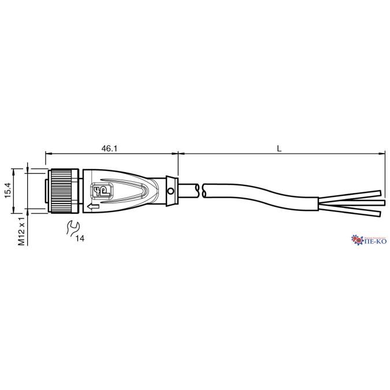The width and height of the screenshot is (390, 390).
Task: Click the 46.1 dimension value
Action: click(110, 148)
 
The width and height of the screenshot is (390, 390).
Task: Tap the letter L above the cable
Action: click(279, 148)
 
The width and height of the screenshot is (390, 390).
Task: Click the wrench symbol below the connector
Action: click(73, 228)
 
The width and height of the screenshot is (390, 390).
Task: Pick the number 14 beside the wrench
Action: click(79, 238)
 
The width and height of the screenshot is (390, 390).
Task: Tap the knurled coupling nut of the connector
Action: click(61, 190)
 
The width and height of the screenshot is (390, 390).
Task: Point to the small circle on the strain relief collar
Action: click(170, 191)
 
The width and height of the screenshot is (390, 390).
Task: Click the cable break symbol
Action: click(200, 190)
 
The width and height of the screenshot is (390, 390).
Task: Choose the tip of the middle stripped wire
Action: click(382, 202)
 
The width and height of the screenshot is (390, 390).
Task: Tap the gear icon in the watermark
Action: click(356, 241)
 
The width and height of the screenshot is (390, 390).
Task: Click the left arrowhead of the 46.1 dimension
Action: click(48, 154)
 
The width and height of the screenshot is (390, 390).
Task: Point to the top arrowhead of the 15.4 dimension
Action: click(27, 172)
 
